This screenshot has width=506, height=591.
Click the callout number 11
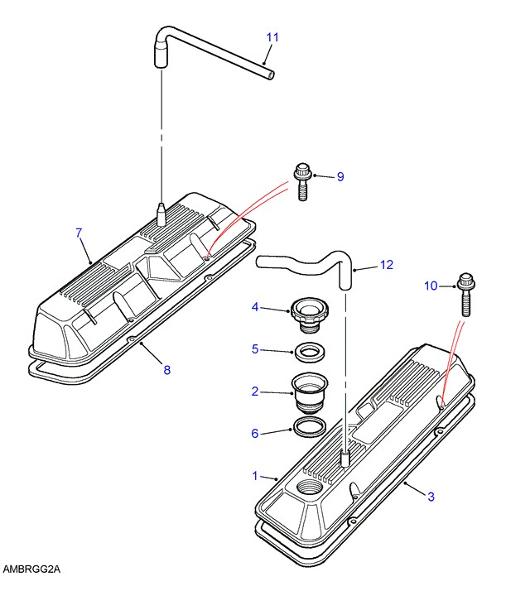[x=272, y=37]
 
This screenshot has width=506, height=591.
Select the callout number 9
[x=340, y=176]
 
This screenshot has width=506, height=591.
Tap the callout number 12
[x=387, y=265]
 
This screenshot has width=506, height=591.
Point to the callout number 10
[x=431, y=286]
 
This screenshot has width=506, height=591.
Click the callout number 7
[x=79, y=233]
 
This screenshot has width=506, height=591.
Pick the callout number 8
[x=167, y=370]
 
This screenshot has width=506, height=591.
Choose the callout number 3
[x=431, y=497]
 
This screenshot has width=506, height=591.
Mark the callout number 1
[x=255, y=476]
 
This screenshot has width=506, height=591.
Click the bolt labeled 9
[x=302, y=182]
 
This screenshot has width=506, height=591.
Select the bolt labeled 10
[x=466, y=295]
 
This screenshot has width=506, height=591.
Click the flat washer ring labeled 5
[x=309, y=353]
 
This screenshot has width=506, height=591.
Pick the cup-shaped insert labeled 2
[x=309, y=393]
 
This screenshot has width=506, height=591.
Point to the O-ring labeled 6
[x=309, y=427]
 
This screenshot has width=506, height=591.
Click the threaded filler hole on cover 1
[x=310, y=488]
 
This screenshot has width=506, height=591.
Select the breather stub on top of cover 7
[x=161, y=214]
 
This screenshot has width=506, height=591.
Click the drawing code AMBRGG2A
[x=31, y=569]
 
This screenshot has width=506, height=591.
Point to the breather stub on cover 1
[x=346, y=459]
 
